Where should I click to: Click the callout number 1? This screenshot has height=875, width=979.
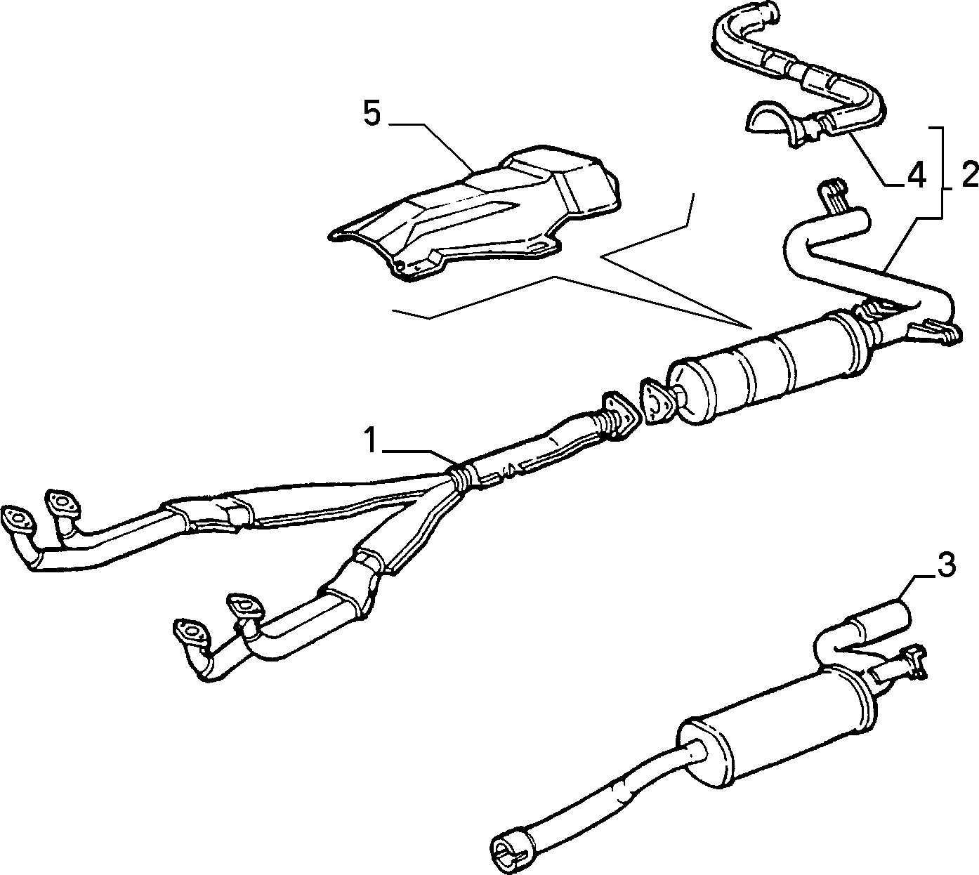371,440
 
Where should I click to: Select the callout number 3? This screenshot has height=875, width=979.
947,565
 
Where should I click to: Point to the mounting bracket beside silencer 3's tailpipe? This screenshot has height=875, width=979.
905,663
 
